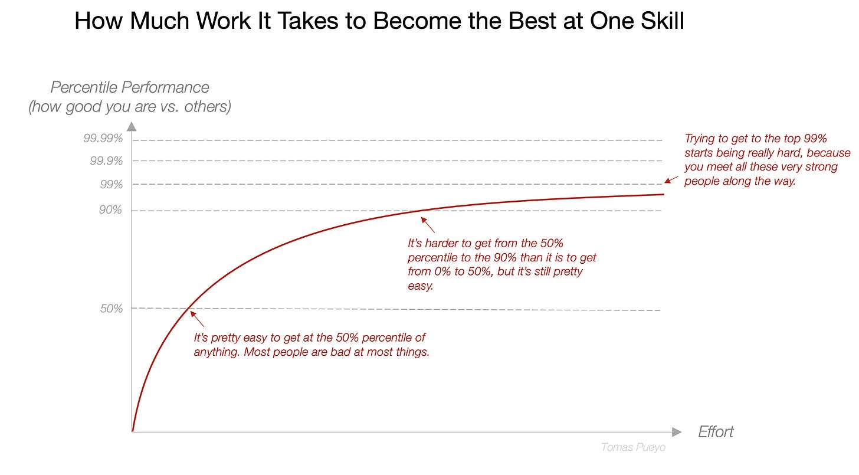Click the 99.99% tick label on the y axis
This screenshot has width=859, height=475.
tap(103, 139)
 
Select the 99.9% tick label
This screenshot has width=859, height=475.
tap(106, 160)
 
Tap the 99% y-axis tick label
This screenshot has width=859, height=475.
tap(111, 184)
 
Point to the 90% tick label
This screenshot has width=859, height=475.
tap(111, 210)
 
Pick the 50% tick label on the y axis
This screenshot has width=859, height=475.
tap(111, 308)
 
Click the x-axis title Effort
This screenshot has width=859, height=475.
tap(716, 432)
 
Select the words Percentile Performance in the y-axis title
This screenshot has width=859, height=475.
tap(130, 87)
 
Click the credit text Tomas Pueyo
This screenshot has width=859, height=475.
tap(633, 447)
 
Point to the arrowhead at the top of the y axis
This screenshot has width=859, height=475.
tap(132, 126)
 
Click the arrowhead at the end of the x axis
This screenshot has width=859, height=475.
tap(677, 432)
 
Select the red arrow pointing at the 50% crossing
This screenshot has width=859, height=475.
tap(198, 319)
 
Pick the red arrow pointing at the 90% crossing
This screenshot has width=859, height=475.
tap(428, 225)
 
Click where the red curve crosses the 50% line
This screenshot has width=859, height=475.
tap(188, 308)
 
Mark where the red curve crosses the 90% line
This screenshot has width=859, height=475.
tap(424, 211)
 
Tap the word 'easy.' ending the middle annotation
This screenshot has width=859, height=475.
tap(421, 286)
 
